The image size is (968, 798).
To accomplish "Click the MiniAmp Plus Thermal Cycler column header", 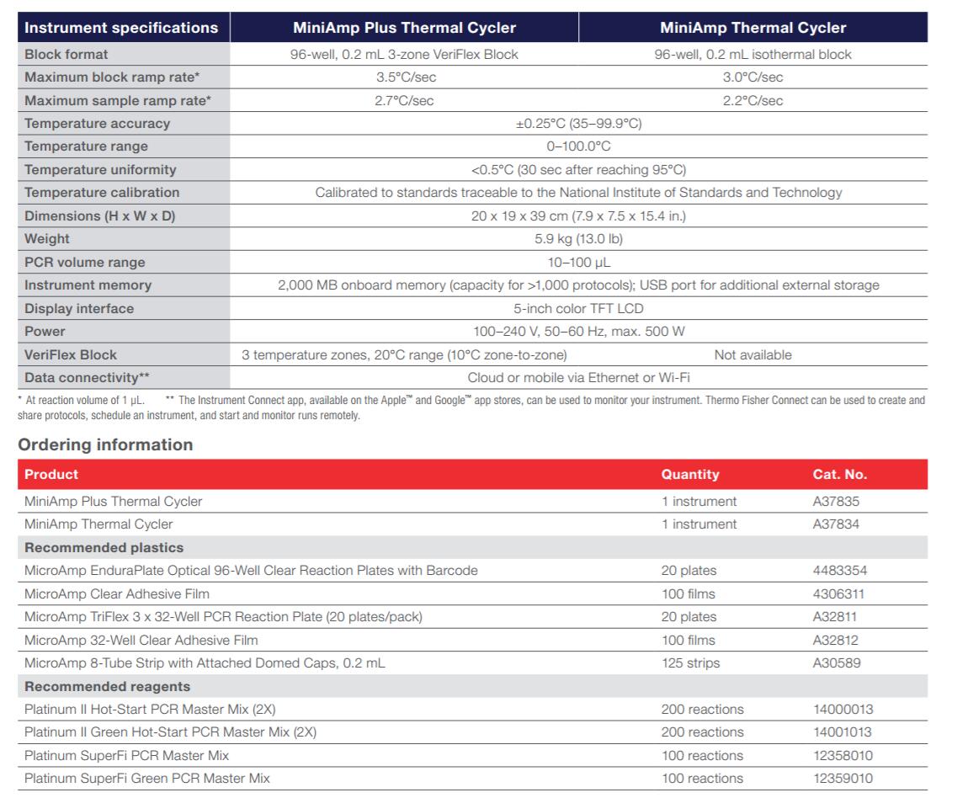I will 404,28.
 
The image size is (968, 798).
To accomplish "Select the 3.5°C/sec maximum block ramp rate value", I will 404,77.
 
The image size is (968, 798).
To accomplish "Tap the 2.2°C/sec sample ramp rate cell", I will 753,101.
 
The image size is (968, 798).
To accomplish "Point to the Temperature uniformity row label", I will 100,170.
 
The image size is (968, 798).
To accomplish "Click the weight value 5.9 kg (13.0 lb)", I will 578,239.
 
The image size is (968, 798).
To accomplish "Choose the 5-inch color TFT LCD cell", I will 578,308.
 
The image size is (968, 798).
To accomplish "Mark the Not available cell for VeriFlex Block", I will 753,354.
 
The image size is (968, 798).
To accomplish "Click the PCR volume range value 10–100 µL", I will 578,262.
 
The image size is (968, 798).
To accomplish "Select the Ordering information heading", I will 105,444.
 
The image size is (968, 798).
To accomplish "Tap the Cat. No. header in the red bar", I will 839,475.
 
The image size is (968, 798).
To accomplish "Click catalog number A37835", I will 836,502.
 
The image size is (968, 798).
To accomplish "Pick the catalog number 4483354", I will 839,571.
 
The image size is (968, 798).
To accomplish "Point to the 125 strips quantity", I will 690,663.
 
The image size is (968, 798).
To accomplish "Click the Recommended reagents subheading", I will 107,687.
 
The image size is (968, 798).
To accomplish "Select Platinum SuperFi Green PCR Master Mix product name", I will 147,779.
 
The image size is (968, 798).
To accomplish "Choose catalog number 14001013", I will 843,732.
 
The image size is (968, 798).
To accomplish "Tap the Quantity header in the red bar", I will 690,475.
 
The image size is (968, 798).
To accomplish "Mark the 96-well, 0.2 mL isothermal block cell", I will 753,55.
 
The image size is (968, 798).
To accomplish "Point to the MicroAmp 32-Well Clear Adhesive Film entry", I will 141,641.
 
